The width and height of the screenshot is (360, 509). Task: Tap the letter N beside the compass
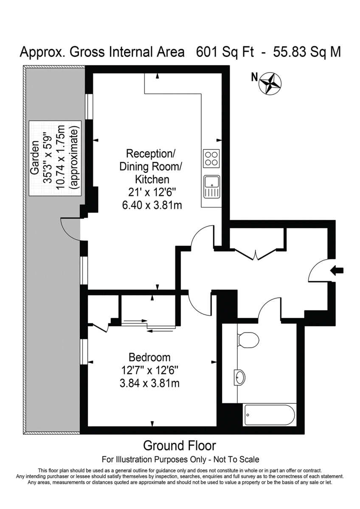pos(255,77)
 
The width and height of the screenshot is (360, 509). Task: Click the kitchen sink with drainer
pos(211,187)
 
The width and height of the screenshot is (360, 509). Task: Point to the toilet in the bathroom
pos(247,340)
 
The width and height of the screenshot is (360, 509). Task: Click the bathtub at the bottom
pos(269,415)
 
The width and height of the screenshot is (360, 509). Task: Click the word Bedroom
pos(150,357)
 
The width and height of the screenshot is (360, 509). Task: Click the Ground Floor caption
pos(180,446)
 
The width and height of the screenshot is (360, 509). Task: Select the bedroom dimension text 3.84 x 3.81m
pos(150,383)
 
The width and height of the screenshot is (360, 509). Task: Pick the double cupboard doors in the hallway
pos(256,255)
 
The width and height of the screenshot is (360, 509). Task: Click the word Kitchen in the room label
pos(152,179)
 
